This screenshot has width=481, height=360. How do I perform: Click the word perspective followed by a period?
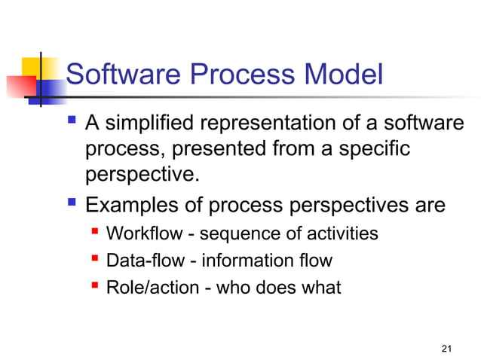(144, 175)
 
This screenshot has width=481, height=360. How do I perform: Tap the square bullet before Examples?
(72, 203)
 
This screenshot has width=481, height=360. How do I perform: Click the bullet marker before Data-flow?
(95, 259)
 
